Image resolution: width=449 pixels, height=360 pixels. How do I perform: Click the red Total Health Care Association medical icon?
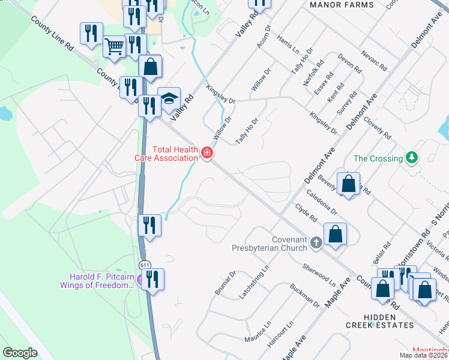[207, 154]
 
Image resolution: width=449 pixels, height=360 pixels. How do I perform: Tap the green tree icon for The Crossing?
[411, 158]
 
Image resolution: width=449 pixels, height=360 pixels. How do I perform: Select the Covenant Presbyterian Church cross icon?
[317, 243]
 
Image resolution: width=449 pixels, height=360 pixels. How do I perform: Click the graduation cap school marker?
[169, 99]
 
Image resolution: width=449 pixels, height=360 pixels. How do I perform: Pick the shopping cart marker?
[114, 46]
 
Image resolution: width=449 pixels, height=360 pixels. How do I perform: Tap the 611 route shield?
[144, 265]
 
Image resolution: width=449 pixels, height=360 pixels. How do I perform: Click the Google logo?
[20, 352]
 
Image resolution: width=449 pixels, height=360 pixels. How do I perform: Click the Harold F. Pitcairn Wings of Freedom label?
[97, 281]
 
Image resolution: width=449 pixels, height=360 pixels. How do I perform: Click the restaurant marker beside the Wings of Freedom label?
[153, 280]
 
